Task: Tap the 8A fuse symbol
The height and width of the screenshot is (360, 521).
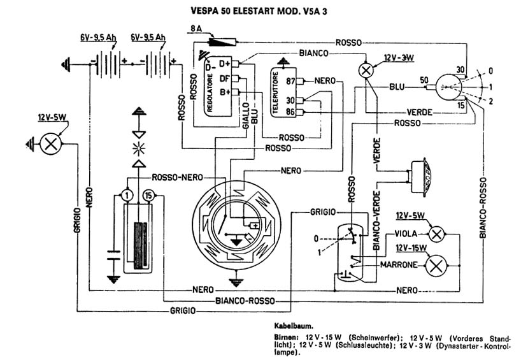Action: pos(222,42)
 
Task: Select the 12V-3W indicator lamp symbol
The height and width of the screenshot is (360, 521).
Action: pos(366,70)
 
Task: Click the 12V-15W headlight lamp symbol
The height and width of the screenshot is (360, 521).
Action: pos(436,266)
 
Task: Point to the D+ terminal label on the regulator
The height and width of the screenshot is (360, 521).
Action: pos(225,63)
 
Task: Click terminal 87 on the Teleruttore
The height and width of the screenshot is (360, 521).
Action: pos(290,81)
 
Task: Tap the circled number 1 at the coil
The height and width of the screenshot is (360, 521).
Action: pos(127,195)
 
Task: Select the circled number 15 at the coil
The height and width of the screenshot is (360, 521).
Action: pos(148,195)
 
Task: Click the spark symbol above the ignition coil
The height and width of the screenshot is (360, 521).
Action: pos(139,148)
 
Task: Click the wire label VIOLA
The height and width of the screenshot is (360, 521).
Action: pos(406,234)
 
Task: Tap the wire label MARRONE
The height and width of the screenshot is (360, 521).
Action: pos(399,265)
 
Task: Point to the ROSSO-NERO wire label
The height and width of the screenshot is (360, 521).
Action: pos(177,178)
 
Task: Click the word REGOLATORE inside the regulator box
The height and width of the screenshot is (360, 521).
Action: pos(210,92)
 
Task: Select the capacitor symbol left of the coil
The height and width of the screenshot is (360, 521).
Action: pos(113,254)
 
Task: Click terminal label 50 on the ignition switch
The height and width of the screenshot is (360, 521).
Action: pos(424,80)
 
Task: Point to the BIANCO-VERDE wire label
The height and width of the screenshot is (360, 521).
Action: pos(376,220)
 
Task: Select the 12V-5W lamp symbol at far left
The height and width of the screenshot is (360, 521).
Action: pos(51,144)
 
